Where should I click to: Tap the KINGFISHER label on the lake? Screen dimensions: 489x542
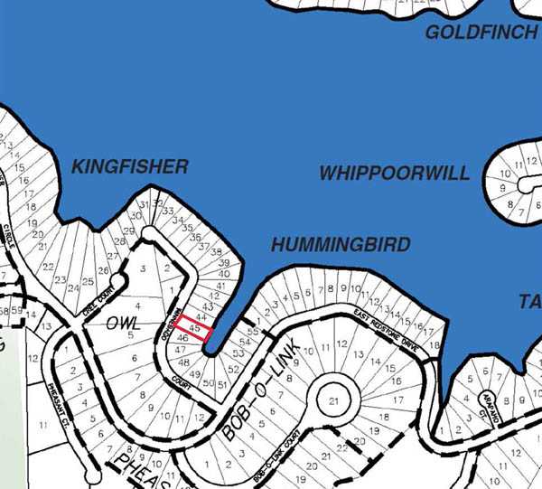coord(130,166)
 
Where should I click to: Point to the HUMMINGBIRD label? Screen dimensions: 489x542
coord(341,245)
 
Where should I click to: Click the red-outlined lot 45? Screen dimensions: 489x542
coord(193,327)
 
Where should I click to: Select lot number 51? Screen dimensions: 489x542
coord(221,383)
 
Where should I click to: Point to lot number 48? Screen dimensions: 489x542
coord(184,362)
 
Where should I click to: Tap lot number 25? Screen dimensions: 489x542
coord(89,282)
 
